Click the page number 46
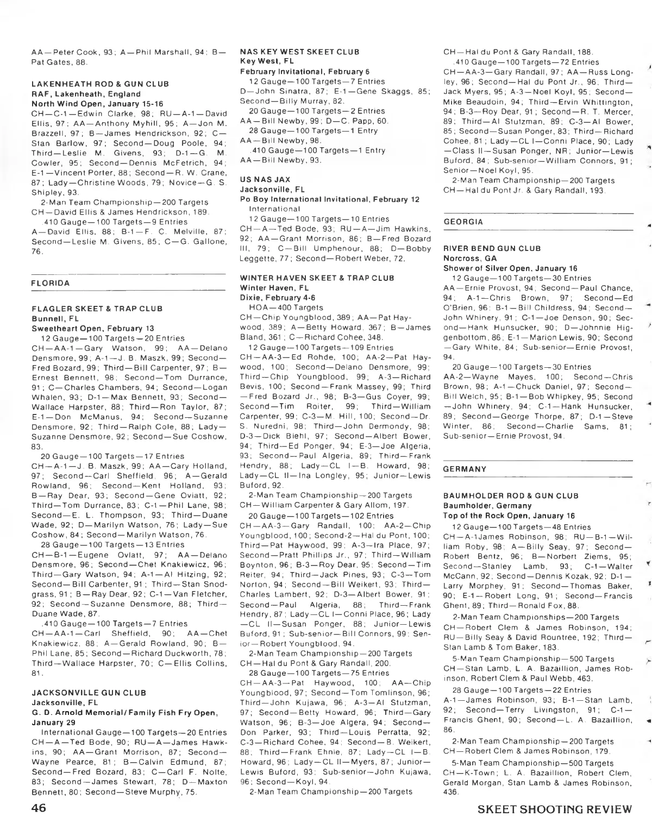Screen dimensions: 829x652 40,808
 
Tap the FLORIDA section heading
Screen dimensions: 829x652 51,283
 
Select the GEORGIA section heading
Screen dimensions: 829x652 463,222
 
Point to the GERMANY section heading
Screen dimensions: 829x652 465,468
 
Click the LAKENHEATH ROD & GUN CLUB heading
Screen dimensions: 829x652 100,84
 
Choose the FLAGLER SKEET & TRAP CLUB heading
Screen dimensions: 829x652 97,309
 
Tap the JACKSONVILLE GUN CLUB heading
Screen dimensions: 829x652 89,693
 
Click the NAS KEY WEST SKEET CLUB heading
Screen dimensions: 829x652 299,52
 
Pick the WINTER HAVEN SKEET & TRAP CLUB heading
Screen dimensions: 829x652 317,278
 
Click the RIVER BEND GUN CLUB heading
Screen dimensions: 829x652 492,248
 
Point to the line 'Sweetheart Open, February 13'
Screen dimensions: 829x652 92,328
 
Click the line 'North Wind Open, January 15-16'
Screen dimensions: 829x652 93,103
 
